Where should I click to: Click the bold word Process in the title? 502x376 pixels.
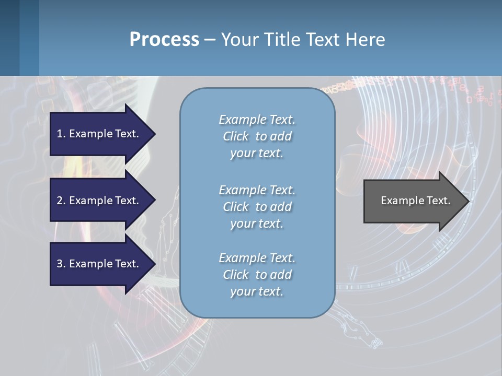coord(164,40)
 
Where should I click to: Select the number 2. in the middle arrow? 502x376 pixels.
coord(61,201)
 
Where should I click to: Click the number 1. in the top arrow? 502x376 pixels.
coord(61,134)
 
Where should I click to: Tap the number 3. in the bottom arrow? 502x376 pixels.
coord(61,264)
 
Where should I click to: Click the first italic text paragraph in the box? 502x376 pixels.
coord(257,136)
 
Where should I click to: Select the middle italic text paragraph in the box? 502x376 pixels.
coord(257,207)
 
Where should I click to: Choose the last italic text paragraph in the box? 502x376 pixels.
coord(257,275)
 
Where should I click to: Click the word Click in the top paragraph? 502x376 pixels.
coord(235,136)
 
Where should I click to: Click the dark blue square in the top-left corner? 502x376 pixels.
coord(9,38)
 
